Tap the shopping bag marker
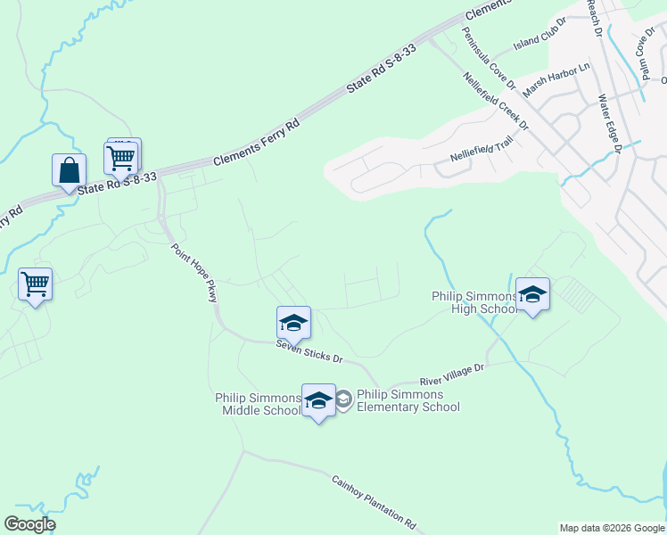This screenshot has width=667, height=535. point(69,169)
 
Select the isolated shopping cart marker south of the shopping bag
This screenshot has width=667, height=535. point(35,285)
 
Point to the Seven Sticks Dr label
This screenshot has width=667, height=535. point(309,350)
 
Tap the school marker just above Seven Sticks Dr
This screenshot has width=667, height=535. point(293,323)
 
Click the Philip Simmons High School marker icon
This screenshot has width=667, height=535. point(532,295)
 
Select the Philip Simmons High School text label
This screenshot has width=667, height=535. point(473,302)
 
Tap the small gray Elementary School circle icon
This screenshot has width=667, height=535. point(343,400)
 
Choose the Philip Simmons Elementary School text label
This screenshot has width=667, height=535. point(408,400)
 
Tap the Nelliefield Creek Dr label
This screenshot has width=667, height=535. point(497,101)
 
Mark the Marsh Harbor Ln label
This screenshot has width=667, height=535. point(556,79)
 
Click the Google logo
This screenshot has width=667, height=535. point(29,524)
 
